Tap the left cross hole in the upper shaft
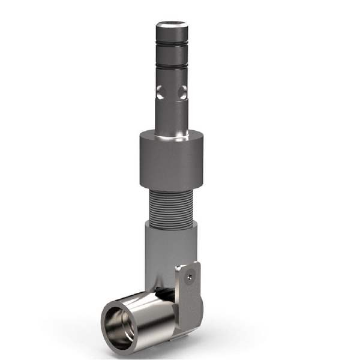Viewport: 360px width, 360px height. tap(159, 92)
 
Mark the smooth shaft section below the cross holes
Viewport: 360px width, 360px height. tap(172, 117)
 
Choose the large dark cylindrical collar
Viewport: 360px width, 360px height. tap(172, 162)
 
